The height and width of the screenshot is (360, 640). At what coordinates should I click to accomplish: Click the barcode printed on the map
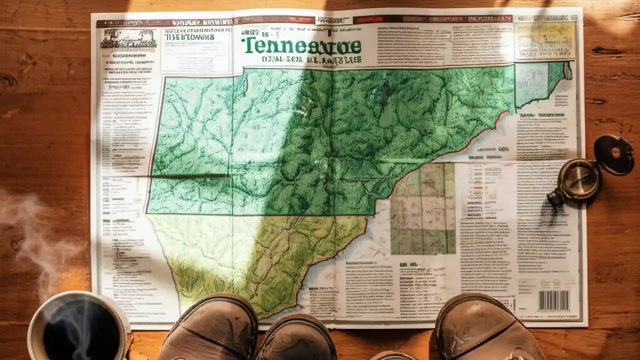pyautogui.click(x=553, y=300)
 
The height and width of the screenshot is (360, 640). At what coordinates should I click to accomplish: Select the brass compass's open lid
pyautogui.click(x=614, y=155)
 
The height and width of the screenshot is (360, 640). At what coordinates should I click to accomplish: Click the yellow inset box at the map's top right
pyautogui.click(x=546, y=40)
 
